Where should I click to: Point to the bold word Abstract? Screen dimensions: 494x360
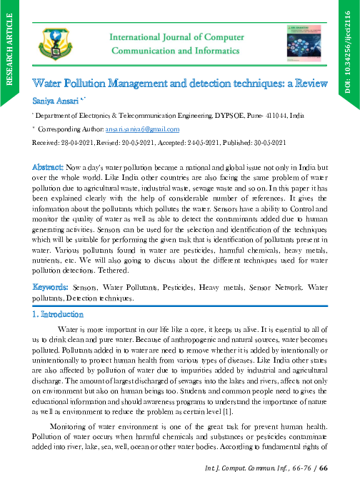click(x=49, y=166)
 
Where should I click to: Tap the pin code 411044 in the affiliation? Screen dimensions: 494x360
click(x=269, y=114)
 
